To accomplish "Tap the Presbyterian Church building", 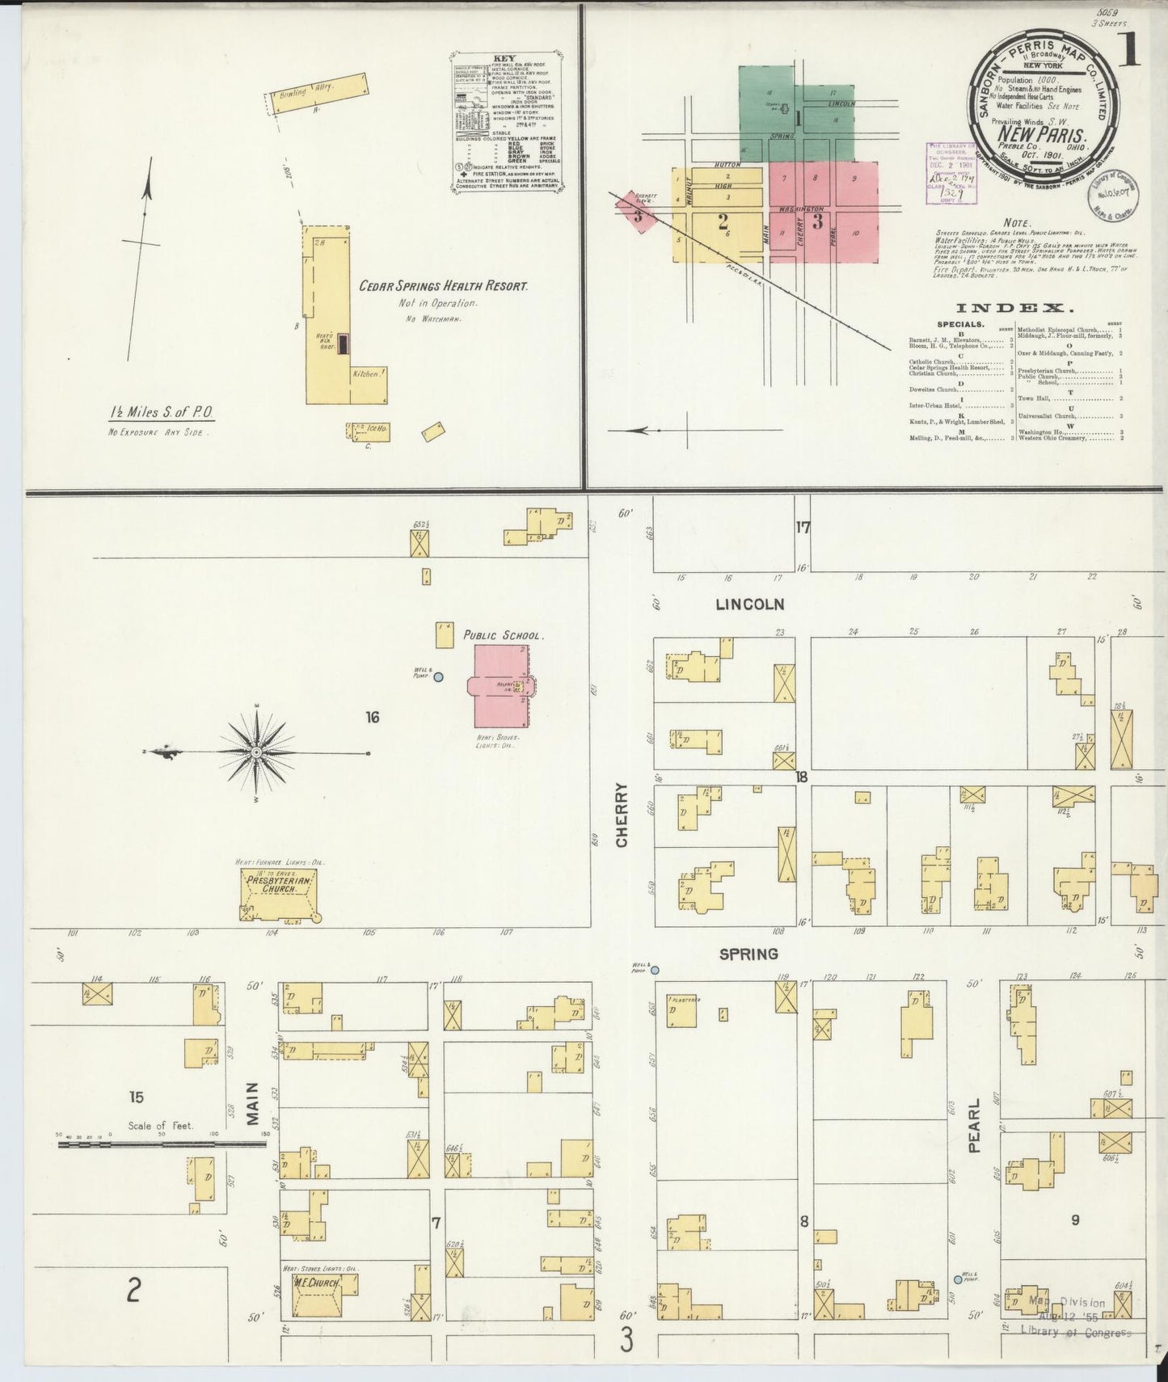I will [277, 894].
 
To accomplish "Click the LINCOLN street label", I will [750, 604].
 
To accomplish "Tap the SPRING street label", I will [748, 954].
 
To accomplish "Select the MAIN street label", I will [253, 1103].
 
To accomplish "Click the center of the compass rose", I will [256, 752].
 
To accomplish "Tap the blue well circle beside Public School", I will [438, 677].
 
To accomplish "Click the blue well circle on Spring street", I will [655, 970].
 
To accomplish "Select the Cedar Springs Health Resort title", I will [443, 286].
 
